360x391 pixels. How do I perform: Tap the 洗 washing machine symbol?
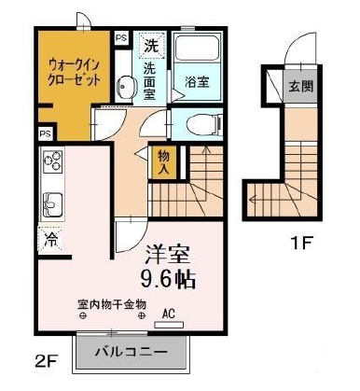[150, 45]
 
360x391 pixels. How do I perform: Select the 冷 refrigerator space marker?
[48, 239]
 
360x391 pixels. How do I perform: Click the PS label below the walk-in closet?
[45, 133]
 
